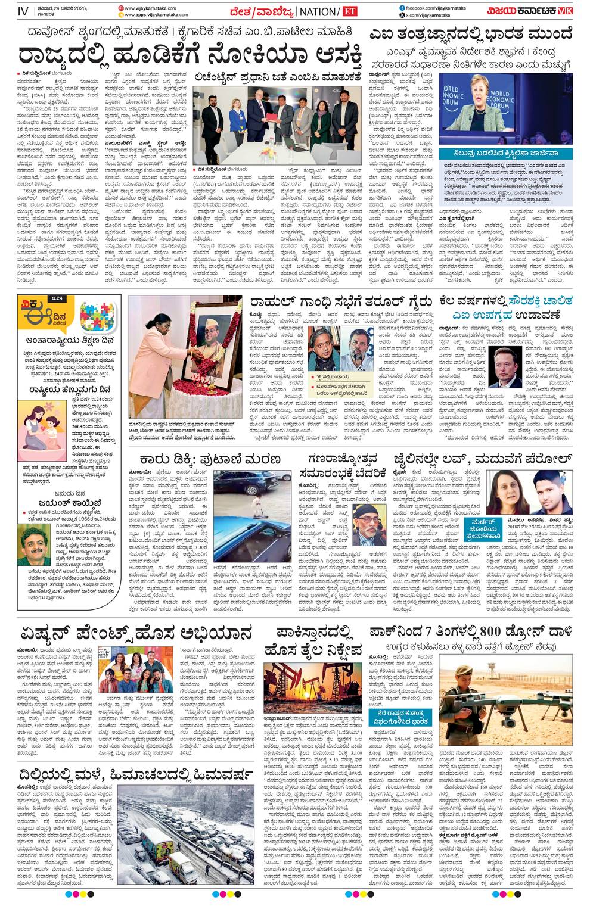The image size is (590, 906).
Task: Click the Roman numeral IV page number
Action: [23, 11]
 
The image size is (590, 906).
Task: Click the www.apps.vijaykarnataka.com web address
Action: [156, 15]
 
